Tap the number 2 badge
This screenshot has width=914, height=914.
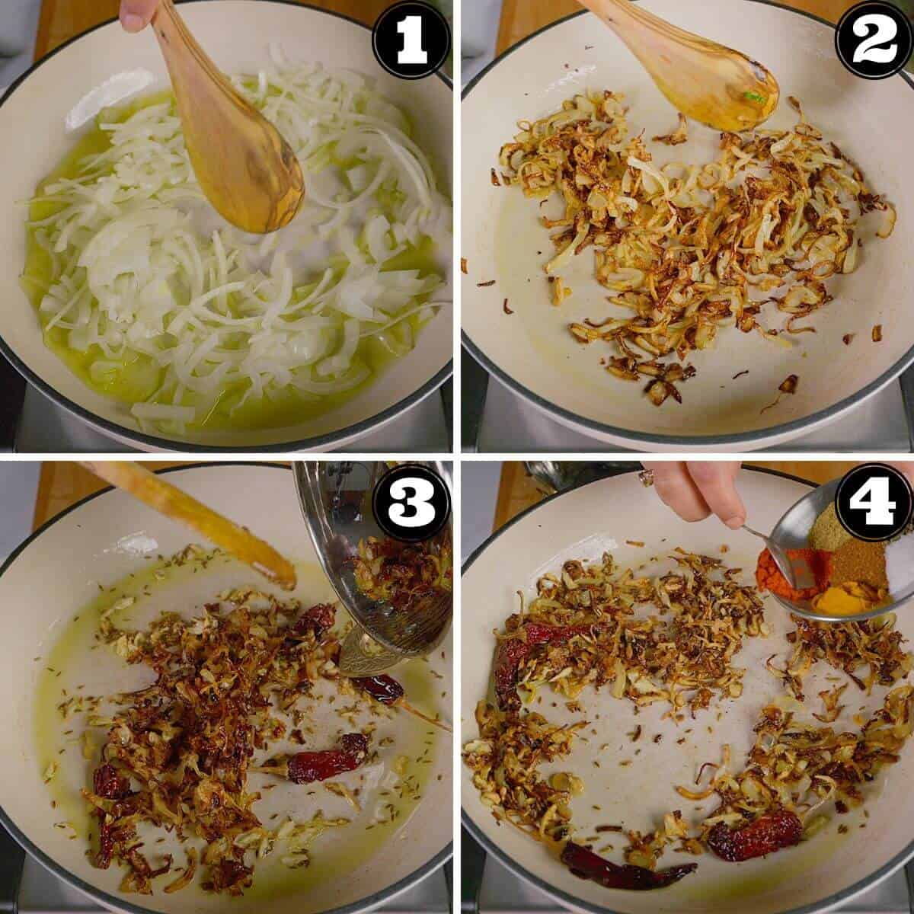tap(873, 39)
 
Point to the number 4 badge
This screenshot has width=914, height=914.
tap(873, 500)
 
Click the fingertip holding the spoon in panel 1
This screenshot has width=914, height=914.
tap(137, 14)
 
